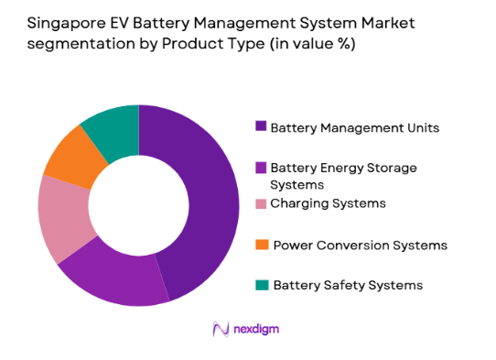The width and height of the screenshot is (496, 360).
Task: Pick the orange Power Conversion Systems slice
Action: tap(70, 156)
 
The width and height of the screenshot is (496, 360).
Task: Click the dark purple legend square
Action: tap(261, 127)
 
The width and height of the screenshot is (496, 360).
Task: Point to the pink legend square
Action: tap(261, 202)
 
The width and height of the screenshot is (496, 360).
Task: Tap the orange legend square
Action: tap(261, 245)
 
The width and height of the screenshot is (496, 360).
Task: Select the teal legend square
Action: tap(261, 285)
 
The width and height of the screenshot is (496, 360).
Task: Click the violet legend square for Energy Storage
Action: tap(261, 167)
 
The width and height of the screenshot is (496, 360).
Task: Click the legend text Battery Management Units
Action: tap(354, 127)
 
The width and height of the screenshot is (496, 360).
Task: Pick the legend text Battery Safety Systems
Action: tap(348, 285)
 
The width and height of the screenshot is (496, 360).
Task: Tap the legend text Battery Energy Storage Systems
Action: tap(343, 174)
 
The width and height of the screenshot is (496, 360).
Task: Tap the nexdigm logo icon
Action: tap(220, 328)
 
